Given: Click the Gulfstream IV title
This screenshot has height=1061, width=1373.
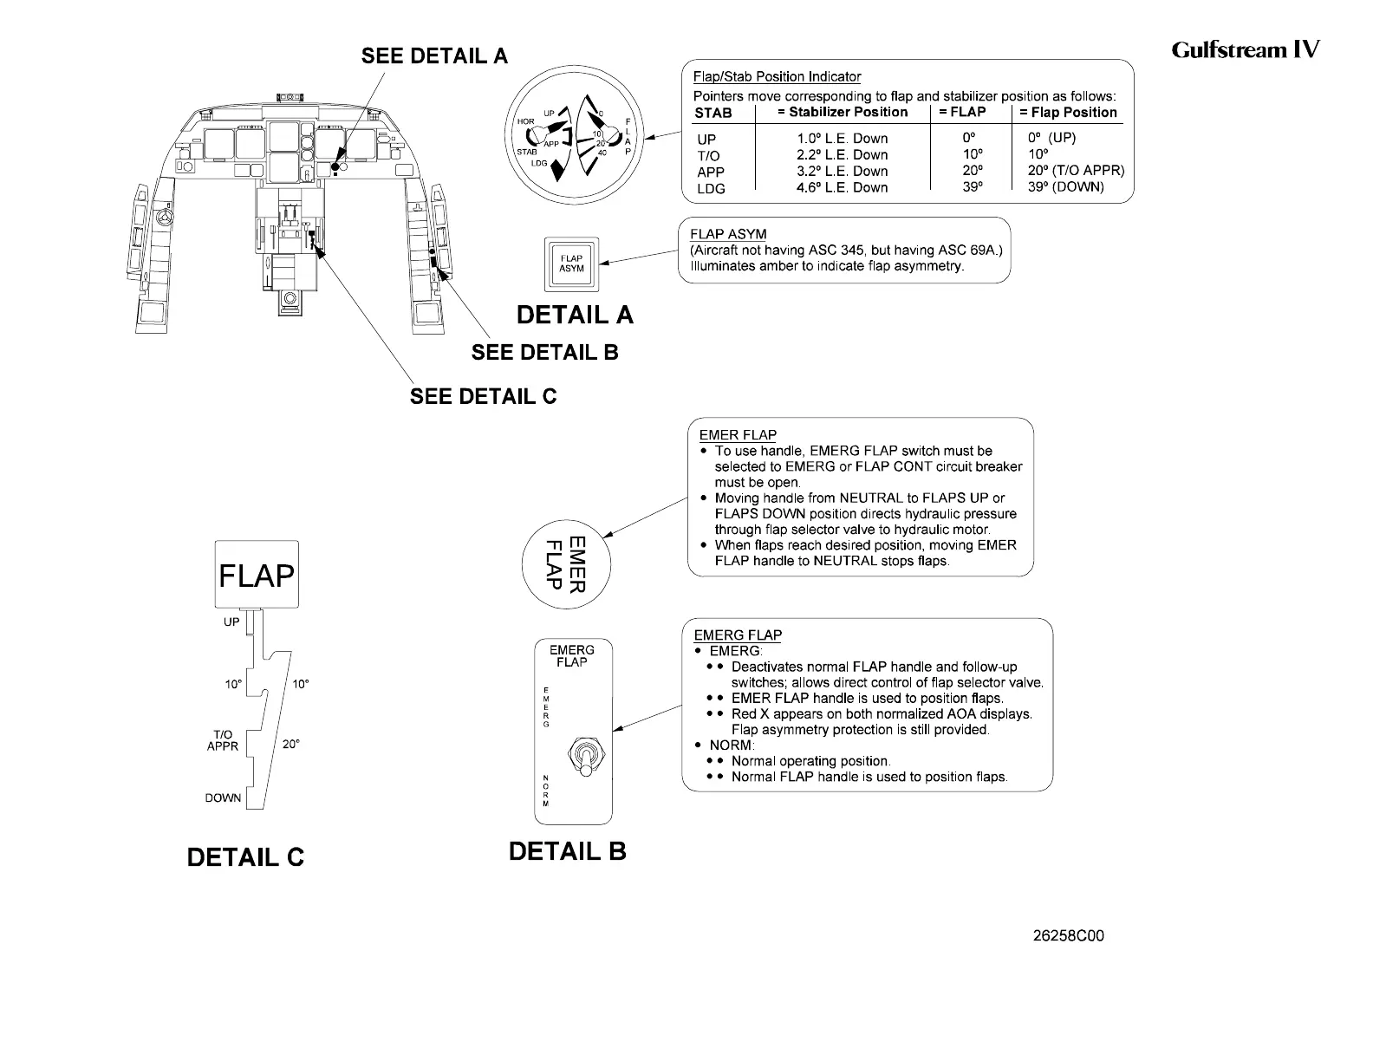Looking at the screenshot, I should click(1245, 49).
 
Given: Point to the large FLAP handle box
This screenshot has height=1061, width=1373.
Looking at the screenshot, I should click(257, 574).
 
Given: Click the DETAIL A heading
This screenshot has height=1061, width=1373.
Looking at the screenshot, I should click(575, 316).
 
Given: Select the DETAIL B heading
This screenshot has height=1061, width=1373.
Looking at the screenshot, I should click(567, 851).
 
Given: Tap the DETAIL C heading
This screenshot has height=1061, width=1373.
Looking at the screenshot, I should click(245, 857).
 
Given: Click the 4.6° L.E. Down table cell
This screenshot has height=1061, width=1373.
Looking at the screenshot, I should click(843, 187).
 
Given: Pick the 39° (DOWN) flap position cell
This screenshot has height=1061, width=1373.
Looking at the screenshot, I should click(1065, 187).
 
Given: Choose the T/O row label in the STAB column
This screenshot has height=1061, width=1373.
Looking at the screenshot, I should click(708, 155).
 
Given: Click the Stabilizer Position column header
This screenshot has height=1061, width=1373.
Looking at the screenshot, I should click(843, 112).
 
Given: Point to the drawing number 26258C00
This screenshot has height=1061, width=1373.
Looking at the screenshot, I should click(1069, 936).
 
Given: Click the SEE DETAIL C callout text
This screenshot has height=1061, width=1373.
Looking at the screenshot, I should click(483, 397).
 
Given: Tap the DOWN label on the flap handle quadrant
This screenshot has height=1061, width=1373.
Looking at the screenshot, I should click(223, 798).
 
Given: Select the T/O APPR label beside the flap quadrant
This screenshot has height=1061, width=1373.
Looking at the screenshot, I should click(223, 740).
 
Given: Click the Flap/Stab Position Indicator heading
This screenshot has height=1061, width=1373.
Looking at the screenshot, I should click(777, 77).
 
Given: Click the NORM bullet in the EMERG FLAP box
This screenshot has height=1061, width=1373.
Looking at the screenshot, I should click(732, 745).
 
